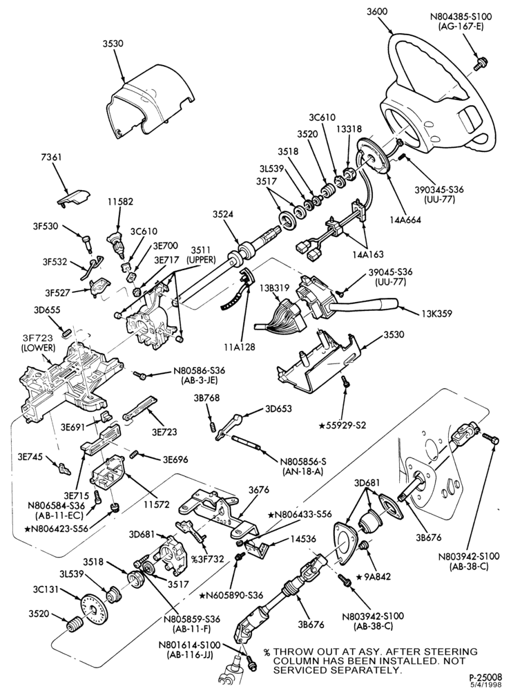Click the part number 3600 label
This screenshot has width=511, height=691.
pos(376,12)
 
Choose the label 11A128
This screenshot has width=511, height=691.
pos(239,348)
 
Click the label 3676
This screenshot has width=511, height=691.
pos(259,490)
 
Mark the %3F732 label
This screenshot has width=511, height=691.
pos(207,559)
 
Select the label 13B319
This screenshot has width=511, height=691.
pos(274,287)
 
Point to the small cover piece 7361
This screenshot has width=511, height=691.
pos(73,196)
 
